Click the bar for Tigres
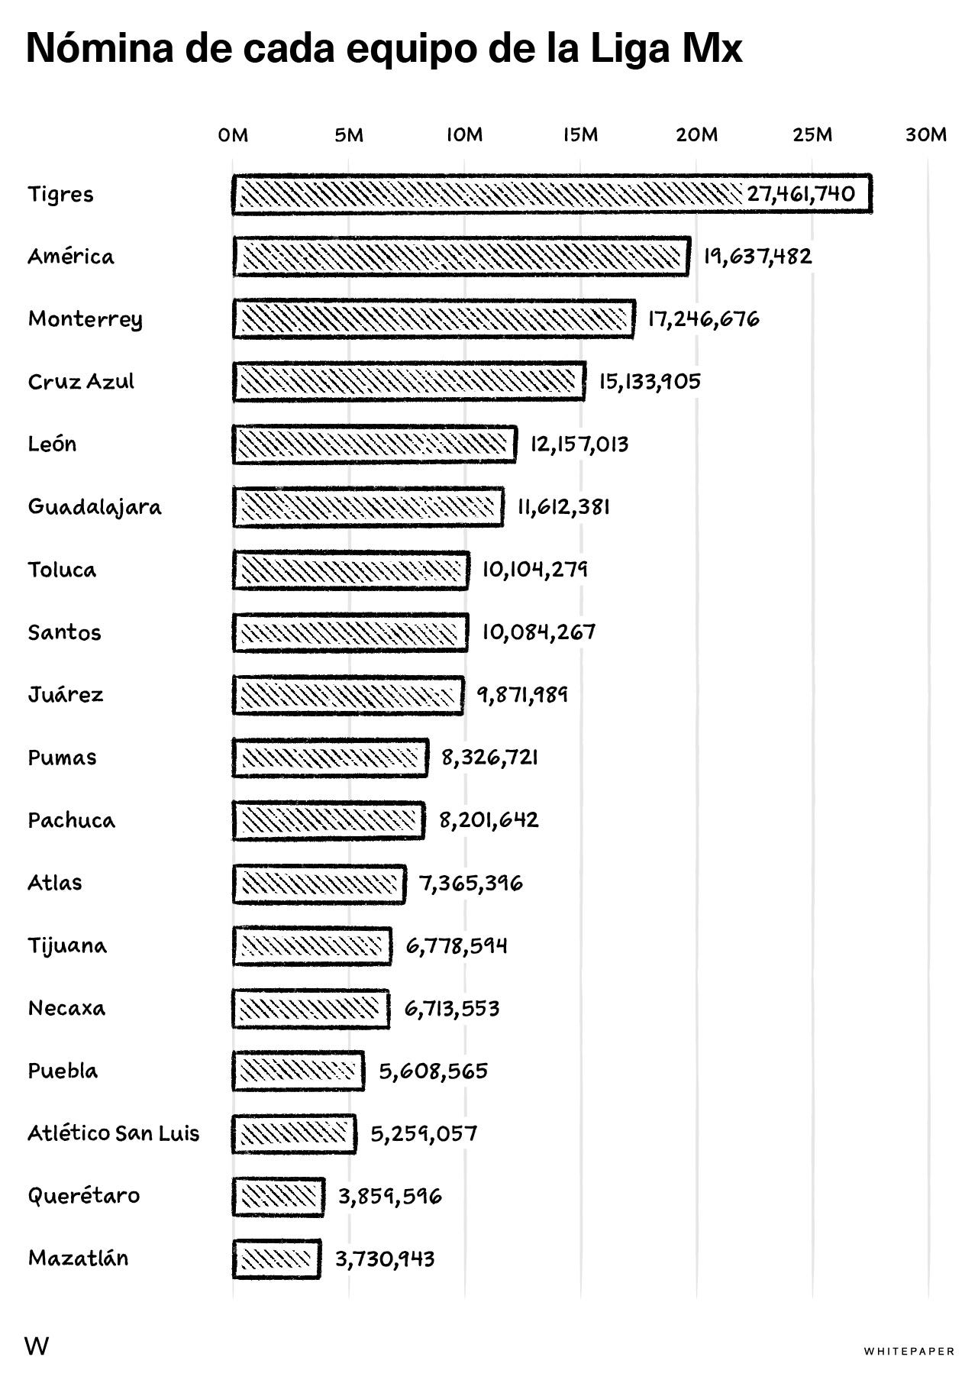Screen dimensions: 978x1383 (552, 194)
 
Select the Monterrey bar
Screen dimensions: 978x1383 (434, 318)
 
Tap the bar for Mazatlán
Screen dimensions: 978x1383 (276, 1259)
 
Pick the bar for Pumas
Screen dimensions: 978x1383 (330, 758)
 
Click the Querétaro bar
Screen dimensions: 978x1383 (278, 1197)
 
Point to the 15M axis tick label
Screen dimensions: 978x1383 (580, 135)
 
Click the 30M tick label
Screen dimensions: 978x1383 (926, 135)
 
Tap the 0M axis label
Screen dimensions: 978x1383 (233, 135)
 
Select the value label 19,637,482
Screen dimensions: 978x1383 (757, 257)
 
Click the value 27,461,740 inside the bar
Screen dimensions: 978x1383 (801, 193)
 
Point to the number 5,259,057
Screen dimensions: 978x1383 (424, 1133)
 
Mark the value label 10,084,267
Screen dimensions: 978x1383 (538, 632)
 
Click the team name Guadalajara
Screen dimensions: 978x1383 (95, 508)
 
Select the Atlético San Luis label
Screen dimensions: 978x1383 (114, 1133)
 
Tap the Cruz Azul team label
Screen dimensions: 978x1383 (81, 382)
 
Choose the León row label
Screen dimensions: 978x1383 (52, 444)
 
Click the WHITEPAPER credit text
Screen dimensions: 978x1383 (909, 1352)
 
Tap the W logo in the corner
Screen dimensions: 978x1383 (37, 1346)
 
